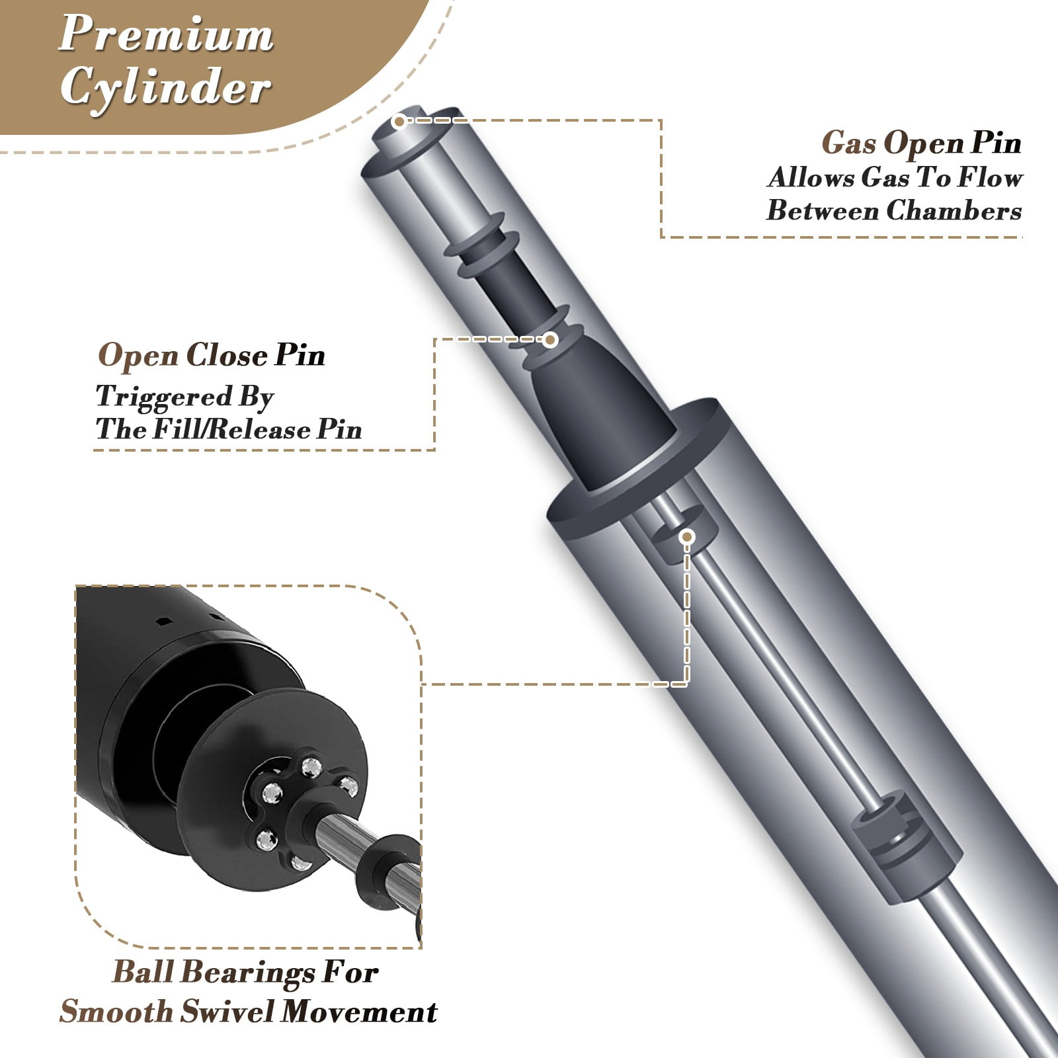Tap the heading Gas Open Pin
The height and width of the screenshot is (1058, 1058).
click(x=922, y=143)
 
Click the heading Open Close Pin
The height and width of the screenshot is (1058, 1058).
click(x=212, y=356)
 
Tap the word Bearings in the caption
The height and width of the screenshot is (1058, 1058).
click(x=247, y=973)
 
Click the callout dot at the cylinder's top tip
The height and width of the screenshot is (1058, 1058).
click(x=399, y=121)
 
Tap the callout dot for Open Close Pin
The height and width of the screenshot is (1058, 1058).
click(x=550, y=340)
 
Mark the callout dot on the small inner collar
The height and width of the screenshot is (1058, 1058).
click(x=687, y=537)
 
